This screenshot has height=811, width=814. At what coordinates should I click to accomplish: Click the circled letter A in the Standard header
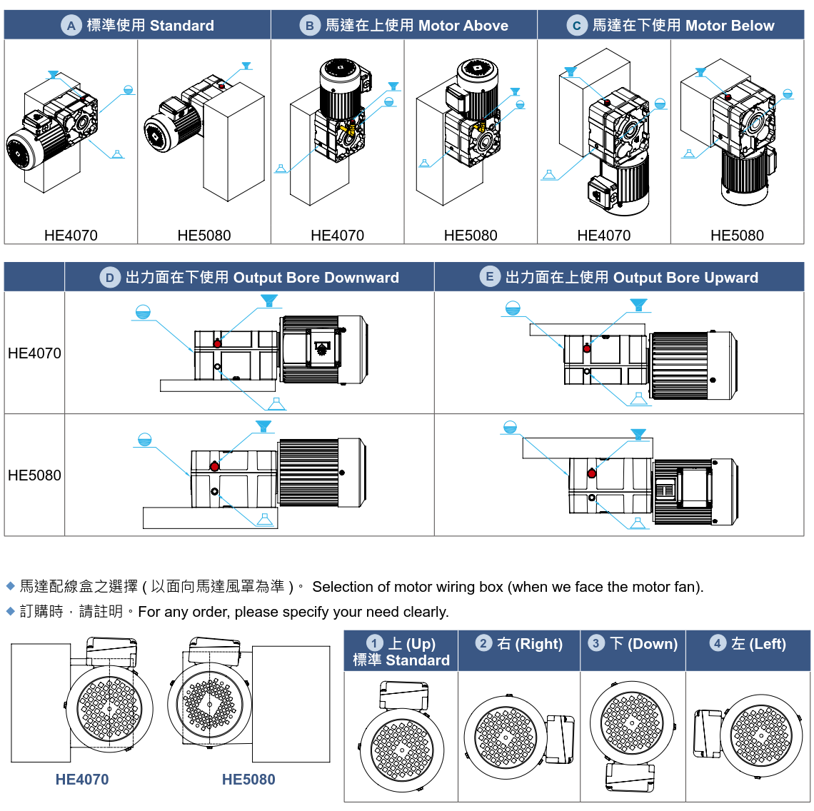point(71,26)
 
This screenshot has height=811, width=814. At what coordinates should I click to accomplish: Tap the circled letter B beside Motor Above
point(309,26)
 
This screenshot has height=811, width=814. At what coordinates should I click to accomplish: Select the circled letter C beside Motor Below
point(576,26)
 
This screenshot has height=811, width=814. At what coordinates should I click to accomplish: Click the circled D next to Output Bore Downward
point(109,278)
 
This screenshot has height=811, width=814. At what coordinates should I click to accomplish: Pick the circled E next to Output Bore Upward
point(489,278)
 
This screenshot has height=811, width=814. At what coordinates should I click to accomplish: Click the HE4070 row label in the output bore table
point(34,353)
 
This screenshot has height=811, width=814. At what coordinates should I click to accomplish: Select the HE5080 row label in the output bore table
point(34,475)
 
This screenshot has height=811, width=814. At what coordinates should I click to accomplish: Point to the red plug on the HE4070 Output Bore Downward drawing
point(217,343)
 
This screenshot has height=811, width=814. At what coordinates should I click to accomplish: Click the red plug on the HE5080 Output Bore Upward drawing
point(592,473)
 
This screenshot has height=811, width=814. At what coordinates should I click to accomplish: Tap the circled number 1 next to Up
point(374,643)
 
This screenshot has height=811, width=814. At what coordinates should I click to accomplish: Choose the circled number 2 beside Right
point(483,643)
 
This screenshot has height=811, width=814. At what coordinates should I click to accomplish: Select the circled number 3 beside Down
point(596,643)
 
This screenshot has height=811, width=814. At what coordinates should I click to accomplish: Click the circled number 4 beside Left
point(718,643)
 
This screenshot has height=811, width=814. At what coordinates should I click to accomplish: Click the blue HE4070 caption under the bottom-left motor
point(82,780)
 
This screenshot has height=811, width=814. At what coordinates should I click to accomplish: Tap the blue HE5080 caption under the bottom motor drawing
point(248,780)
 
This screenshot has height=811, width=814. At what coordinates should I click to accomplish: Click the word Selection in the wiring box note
point(342,587)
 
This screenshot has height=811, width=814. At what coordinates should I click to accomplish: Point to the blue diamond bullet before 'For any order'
point(11,611)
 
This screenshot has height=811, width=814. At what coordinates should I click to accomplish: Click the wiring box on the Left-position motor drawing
point(708,733)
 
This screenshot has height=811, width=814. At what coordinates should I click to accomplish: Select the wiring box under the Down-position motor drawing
point(630,777)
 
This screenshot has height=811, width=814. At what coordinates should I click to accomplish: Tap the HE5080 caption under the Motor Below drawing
point(737,236)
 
